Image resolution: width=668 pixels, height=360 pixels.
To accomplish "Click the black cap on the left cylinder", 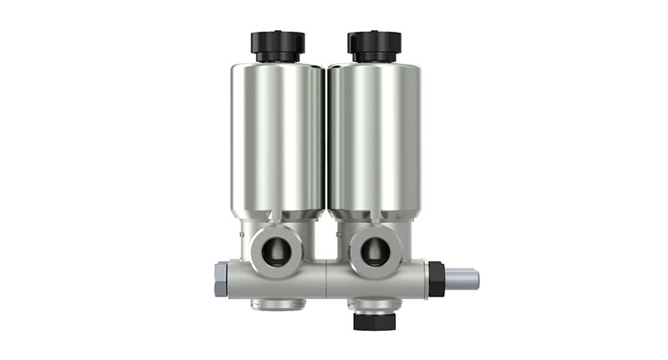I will tap(277, 43).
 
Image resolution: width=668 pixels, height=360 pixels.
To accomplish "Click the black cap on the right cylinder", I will tap(374, 43).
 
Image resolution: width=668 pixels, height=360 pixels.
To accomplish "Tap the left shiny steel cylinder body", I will tap(278, 138).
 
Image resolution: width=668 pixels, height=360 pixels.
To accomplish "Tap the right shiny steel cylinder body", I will tap(375, 138).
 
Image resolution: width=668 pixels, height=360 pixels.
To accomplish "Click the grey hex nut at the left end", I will tap(220, 279).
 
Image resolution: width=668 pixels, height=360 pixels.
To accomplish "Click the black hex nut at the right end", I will tap(435, 278).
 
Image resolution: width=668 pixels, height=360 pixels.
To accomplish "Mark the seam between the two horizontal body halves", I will tap(326, 279).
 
